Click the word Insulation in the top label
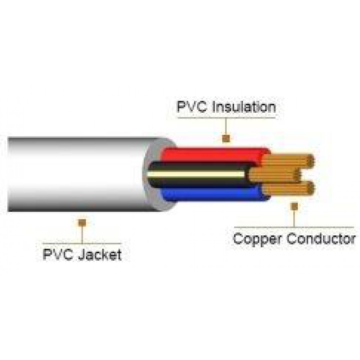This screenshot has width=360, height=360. pyautogui.click(x=244, y=107)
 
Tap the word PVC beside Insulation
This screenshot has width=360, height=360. pyautogui.click(x=192, y=107)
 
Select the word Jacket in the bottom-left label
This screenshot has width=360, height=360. pyautogui.click(x=100, y=255)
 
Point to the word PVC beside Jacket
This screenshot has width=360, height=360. pyautogui.click(x=58, y=255)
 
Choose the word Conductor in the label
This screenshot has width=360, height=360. pyautogui.click(x=321, y=238)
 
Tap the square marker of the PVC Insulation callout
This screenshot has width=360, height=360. pyautogui.click(x=226, y=139)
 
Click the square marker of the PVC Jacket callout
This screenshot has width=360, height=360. pyautogui.click(x=82, y=223)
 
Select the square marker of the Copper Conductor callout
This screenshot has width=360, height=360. pyautogui.click(x=294, y=206)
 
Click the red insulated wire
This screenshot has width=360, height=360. pyautogui.click(x=213, y=154)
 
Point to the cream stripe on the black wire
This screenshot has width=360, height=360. pyautogui.click(x=196, y=174)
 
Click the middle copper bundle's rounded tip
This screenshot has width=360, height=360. pyautogui.click(x=298, y=175)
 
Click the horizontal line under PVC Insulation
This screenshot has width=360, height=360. pyautogui.click(x=226, y=118)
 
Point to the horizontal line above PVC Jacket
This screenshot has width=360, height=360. pyautogui.click(x=82, y=243)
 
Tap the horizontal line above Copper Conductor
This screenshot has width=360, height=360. pyautogui.click(x=294, y=227)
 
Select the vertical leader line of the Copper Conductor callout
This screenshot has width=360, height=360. pyautogui.click(x=294, y=219)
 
